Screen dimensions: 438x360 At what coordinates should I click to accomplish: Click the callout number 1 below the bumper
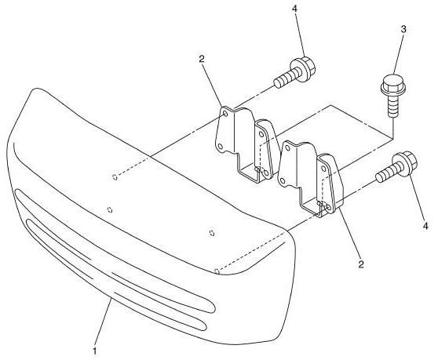tap(95, 351)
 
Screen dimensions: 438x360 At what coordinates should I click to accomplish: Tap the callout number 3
tap(403, 30)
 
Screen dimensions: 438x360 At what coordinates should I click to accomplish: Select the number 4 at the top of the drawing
tap(295, 9)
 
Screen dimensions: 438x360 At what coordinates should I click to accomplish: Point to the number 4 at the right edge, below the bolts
tap(425, 226)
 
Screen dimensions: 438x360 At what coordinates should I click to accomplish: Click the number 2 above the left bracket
tap(202, 59)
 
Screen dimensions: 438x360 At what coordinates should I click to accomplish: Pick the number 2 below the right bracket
tap(361, 264)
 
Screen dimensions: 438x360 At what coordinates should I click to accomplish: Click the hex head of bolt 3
tap(393, 83)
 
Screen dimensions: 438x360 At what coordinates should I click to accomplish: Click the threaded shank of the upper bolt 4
tap(286, 78)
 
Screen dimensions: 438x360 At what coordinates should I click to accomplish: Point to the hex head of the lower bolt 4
tap(404, 164)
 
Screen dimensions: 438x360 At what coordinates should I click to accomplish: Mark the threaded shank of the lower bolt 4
tap(387, 173)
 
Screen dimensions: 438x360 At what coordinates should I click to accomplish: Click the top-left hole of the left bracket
tap(225, 114)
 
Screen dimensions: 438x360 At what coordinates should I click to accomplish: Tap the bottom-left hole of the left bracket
tap(220, 146)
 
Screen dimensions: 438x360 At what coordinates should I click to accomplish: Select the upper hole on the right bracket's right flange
tap(323, 169)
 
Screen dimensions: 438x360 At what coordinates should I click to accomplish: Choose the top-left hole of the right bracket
tap(287, 148)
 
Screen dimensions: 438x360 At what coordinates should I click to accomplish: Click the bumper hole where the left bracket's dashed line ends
tap(115, 177)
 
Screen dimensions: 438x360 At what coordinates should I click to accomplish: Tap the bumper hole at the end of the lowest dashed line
tap(216, 271)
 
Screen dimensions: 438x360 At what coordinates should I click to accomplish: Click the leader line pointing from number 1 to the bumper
tap(104, 322)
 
